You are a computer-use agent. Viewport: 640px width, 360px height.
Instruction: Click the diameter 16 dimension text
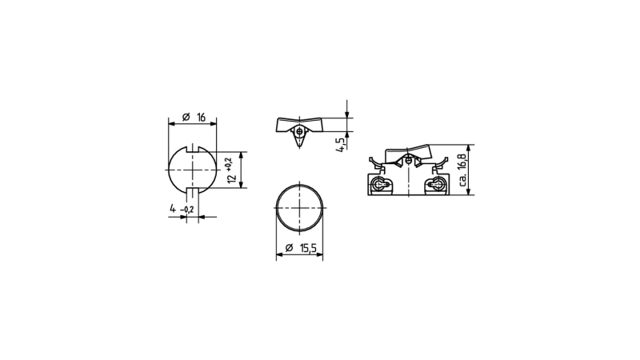coord(194,118)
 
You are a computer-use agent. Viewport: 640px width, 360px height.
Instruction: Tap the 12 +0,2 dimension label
coord(231,170)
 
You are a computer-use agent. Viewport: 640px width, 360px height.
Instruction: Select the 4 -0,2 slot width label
coord(182,209)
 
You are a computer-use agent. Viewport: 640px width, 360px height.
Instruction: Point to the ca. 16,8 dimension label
coord(462,170)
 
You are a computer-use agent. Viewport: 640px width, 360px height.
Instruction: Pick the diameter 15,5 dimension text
coord(301,248)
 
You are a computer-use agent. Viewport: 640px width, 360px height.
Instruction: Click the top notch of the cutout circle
coord(193,149)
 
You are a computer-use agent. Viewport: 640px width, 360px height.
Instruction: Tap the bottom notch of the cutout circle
coord(193,190)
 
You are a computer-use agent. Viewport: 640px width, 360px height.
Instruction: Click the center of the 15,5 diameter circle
coord(299,208)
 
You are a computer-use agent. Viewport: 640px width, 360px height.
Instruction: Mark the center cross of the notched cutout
coord(193,170)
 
